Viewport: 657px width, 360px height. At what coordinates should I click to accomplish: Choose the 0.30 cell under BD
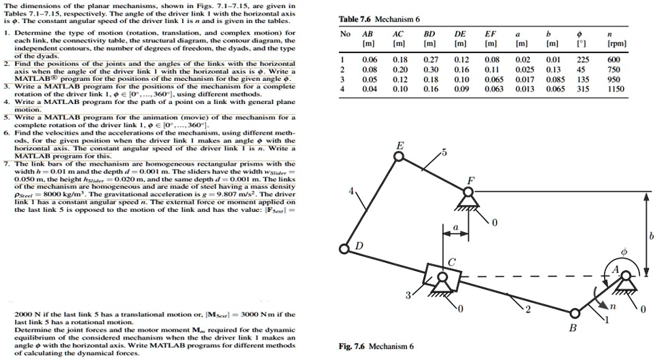(430, 69)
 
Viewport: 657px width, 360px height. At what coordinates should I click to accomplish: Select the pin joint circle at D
(345, 250)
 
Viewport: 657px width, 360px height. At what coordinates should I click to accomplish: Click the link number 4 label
(351, 192)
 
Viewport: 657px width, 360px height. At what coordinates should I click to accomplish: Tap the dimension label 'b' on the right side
(650, 235)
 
